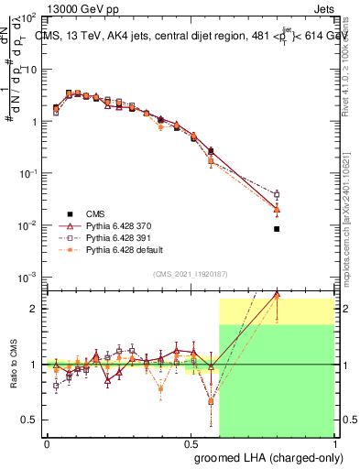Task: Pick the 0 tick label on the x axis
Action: point(47,444)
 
